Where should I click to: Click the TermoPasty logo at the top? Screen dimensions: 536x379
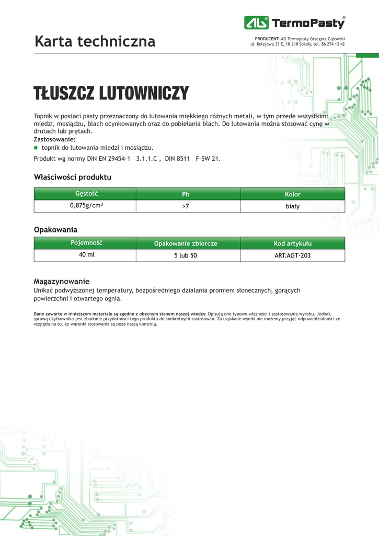click(x=294, y=23)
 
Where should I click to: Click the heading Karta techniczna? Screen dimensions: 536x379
click(x=95, y=41)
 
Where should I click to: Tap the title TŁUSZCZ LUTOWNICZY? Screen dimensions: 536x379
click(x=111, y=94)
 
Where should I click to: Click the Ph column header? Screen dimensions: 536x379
click(x=186, y=194)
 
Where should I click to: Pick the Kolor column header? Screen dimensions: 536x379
click(x=292, y=194)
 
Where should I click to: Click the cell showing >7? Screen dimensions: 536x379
click(x=186, y=207)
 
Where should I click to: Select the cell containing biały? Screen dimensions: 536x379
click(x=292, y=206)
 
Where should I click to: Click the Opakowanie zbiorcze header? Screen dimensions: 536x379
click(x=186, y=243)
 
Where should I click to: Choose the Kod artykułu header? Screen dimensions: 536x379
click(x=292, y=243)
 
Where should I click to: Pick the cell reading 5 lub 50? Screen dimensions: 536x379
click(x=186, y=256)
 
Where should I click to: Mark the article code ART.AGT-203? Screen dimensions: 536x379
click(x=292, y=256)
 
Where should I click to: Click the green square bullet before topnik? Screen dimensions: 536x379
click(x=36, y=148)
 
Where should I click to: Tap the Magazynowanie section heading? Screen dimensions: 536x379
click(x=62, y=281)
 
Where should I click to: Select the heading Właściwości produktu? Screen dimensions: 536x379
click(x=73, y=177)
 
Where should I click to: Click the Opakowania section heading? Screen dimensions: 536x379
click(x=56, y=230)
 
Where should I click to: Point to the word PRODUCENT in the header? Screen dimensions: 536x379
click(x=267, y=39)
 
